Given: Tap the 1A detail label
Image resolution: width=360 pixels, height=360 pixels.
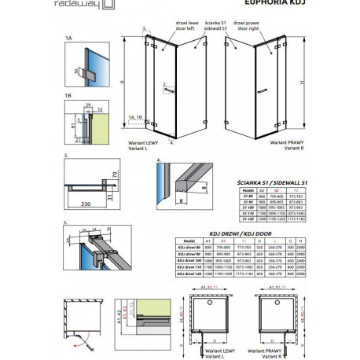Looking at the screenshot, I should (x=69, y=39).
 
